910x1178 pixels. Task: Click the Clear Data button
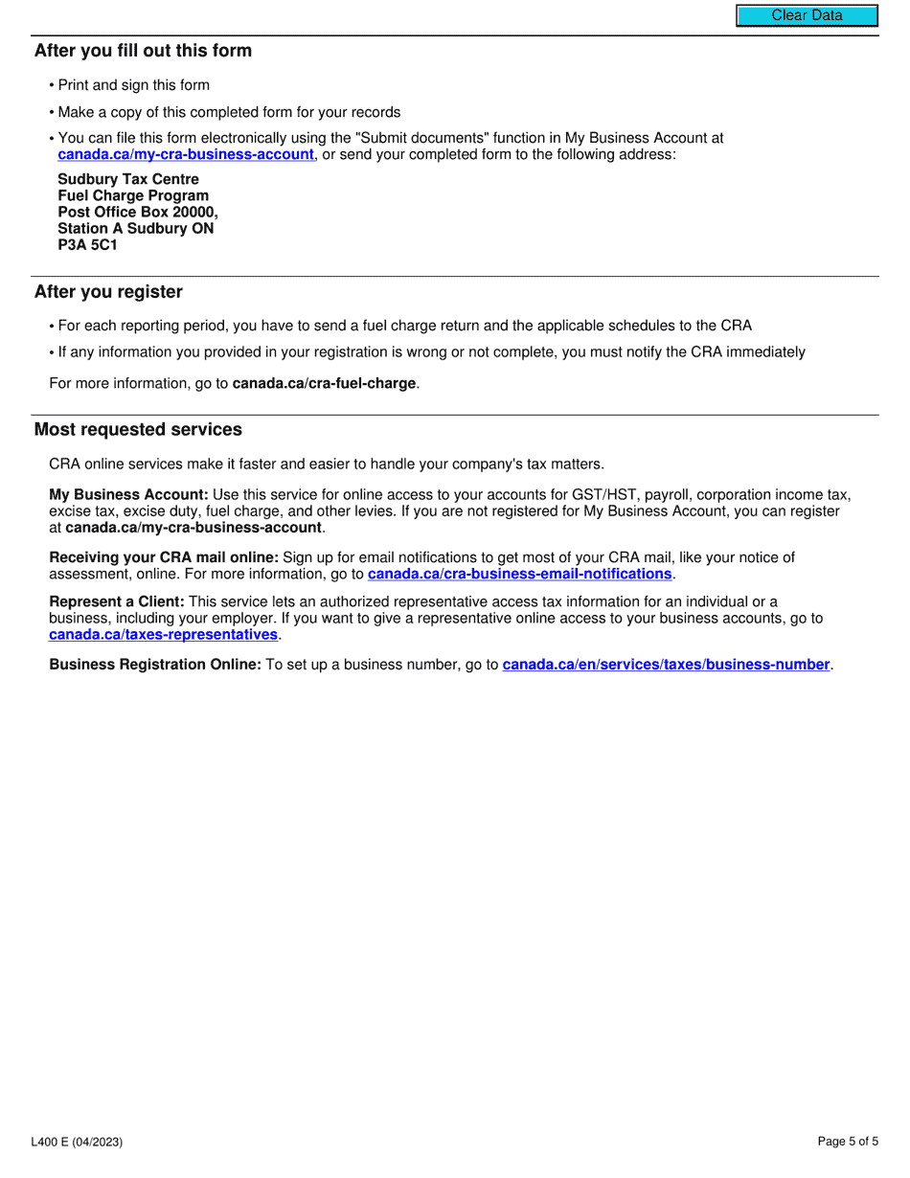pos(807,15)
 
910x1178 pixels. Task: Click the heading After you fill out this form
pos(143,51)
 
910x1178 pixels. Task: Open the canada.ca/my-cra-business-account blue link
pos(186,154)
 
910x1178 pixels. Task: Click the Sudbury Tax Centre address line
pos(128,179)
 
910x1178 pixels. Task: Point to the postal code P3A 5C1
pos(87,244)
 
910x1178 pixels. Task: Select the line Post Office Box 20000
pos(137,212)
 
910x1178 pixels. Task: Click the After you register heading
pos(108,292)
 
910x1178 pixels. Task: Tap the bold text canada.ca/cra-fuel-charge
pos(324,383)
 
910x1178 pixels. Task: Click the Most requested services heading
pos(138,430)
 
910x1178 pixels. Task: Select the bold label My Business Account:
pos(128,495)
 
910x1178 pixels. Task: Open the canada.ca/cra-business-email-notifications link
pos(519,574)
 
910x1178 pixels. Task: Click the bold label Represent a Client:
pos(116,601)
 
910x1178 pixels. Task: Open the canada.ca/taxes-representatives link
pos(163,634)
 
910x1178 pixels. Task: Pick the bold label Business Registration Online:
pos(155,665)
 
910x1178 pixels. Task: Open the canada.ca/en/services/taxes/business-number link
pos(665,665)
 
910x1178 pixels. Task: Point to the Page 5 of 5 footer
pos(847,1142)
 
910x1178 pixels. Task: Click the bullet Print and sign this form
pos(133,85)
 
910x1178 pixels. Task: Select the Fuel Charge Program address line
pos(132,195)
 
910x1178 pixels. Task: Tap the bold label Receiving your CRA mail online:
pos(164,557)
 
